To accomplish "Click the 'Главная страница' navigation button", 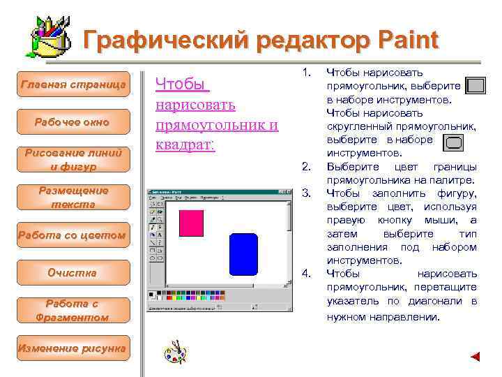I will tap(74, 84).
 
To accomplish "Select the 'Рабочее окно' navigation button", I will tap(73, 122).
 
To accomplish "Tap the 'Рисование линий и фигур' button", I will tap(73, 160).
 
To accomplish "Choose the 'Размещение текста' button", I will tap(73, 198).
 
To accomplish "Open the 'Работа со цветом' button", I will tap(73, 235).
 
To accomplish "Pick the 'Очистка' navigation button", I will tap(73, 273).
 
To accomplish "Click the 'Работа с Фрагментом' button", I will tap(73, 311).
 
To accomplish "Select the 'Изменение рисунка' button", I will tap(73, 348).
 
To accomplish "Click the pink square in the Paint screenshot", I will tap(191, 223).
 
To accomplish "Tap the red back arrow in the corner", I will tap(476, 357).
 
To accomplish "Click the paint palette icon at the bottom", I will tap(175, 352).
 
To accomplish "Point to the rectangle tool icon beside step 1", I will tap(476, 86).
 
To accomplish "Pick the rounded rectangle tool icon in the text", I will tap(453, 144).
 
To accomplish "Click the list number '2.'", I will tap(305, 166).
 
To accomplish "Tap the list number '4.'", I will tap(305, 272).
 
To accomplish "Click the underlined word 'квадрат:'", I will tap(185, 145).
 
